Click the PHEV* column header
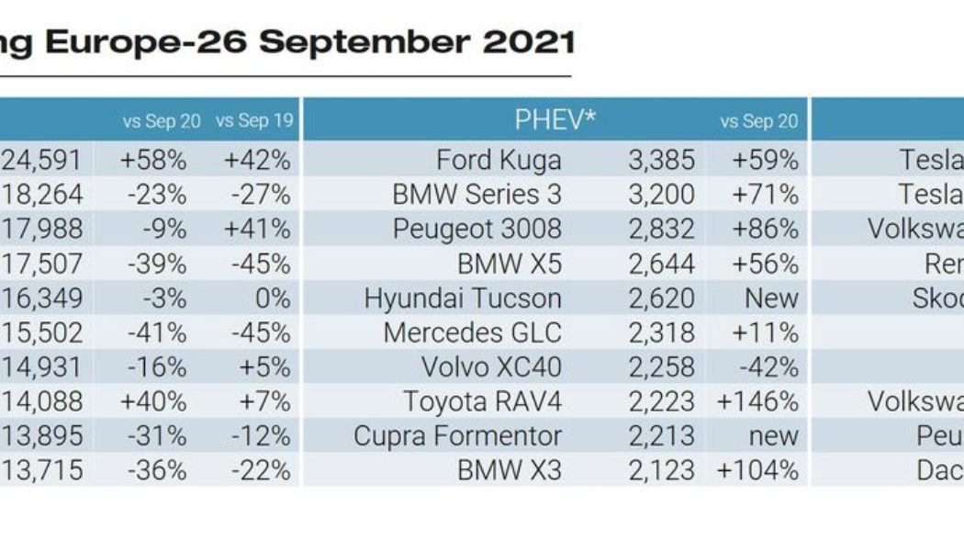[x=555, y=120]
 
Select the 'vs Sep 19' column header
[x=252, y=121]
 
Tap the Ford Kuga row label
[x=499, y=161]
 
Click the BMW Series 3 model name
[x=476, y=195]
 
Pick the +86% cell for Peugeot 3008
[x=766, y=230]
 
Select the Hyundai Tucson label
[x=463, y=299]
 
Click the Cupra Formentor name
[x=457, y=436]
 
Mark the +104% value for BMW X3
[x=759, y=471]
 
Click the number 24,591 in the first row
[x=41, y=161]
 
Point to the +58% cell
[x=153, y=161]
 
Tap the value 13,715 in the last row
[x=41, y=471]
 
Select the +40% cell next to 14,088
[x=153, y=402]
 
